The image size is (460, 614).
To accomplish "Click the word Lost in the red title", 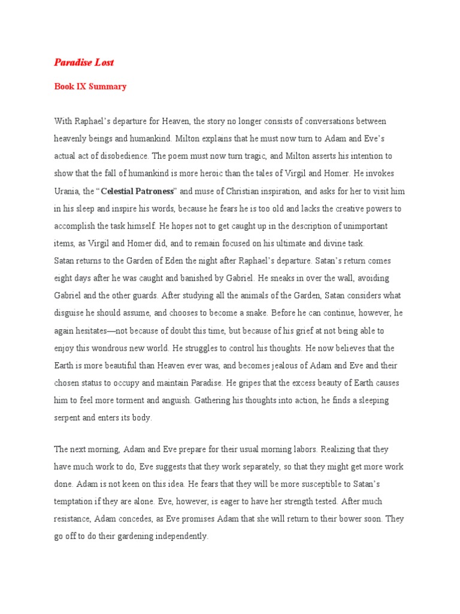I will click(x=103, y=62).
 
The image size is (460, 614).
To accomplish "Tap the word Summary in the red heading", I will click(x=108, y=86).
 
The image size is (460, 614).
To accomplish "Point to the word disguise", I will click(x=71, y=313).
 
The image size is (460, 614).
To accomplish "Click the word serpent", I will click(x=69, y=418).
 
